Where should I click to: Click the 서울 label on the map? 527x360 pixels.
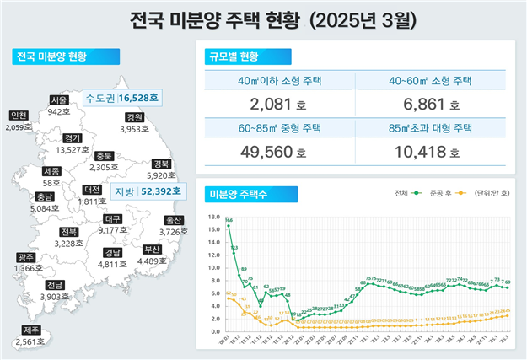pos(59,100)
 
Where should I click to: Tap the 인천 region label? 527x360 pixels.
pos(18,116)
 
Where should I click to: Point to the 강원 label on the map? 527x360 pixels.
pos(133,117)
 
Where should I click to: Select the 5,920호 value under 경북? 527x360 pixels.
pos(162,176)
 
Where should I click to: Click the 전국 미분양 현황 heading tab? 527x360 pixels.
pos(52,57)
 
